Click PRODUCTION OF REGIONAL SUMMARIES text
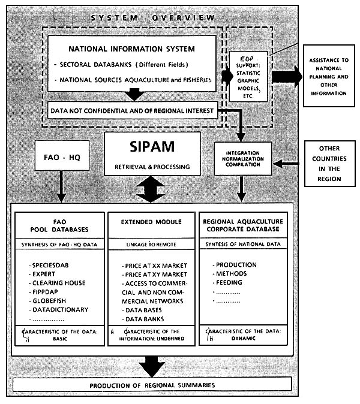tap(150, 385)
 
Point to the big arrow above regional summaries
tap(152, 364)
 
